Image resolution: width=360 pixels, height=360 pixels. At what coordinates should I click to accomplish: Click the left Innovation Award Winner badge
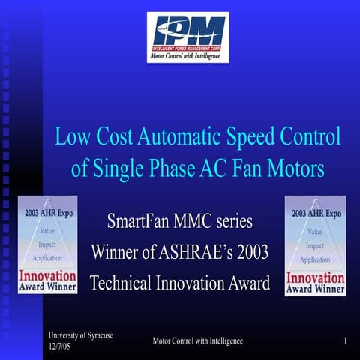pos(47,244)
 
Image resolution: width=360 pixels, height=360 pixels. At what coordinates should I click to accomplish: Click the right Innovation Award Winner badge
pos(314,244)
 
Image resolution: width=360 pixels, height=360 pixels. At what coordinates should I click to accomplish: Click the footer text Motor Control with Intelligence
pos(197,341)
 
